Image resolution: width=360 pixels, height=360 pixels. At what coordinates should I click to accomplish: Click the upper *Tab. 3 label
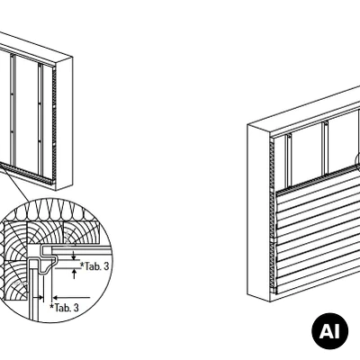pyautogui.click(x=94, y=266)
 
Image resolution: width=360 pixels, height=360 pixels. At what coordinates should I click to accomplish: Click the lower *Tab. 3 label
pyautogui.click(x=64, y=308)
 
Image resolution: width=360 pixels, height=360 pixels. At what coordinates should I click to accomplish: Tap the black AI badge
pyautogui.click(x=329, y=331)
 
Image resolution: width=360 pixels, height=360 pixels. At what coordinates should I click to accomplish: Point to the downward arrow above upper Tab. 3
pyautogui.click(x=74, y=256)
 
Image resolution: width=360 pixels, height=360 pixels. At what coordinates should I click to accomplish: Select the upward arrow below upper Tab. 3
pyautogui.click(x=74, y=274)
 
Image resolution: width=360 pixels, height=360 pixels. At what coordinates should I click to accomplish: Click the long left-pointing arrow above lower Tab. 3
pyautogui.click(x=71, y=298)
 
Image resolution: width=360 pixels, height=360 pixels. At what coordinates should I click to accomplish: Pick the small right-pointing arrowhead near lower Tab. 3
pyautogui.click(x=40, y=298)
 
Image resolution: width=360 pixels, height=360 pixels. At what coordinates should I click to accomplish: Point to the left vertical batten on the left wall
pyautogui.click(x=13, y=109)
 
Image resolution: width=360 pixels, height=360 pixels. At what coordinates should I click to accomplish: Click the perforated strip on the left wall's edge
pyautogui.click(x=54, y=124)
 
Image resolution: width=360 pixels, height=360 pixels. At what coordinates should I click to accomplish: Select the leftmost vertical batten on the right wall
pyautogui.click(x=289, y=160)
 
